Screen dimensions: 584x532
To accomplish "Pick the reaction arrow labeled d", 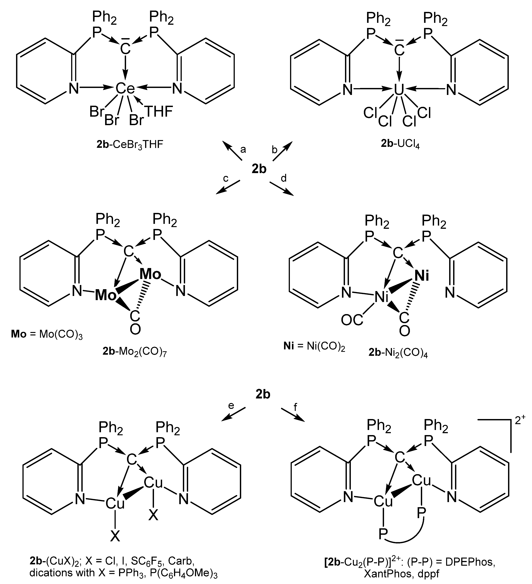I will click(282, 189).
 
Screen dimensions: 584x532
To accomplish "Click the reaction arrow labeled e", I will click(233, 414).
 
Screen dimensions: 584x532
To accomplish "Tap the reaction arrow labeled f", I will click(293, 415).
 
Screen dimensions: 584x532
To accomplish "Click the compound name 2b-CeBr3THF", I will click(130, 144).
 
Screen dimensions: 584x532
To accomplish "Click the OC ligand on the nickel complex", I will click(352, 320).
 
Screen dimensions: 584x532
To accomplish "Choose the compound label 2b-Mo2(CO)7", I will click(135, 351).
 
